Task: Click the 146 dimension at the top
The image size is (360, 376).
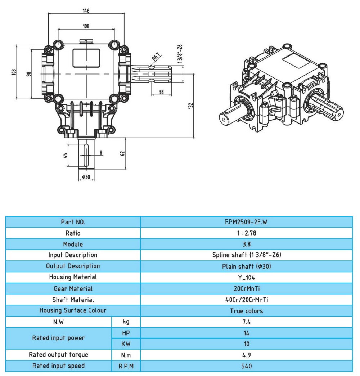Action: coord(86,10)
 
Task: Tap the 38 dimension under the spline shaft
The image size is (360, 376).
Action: coord(161,92)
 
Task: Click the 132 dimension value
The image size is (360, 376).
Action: coord(191,106)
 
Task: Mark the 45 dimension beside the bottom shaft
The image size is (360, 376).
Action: coord(65,155)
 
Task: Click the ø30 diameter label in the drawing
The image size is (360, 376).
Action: coord(86,177)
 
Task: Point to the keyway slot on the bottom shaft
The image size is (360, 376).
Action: coord(86,155)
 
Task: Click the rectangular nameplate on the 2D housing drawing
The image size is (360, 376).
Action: coord(86,58)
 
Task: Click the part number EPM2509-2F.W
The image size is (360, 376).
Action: coord(246,222)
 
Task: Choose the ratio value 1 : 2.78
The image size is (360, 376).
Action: coord(246,233)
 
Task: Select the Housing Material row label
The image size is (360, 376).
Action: coord(73,277)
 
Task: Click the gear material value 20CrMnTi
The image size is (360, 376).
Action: coord(246,288)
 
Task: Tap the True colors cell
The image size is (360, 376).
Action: coord(246,311)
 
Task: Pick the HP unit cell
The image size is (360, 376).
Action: coord(126,333)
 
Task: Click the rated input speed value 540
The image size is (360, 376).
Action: coord(246,366)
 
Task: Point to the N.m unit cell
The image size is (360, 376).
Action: coord(126,355)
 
